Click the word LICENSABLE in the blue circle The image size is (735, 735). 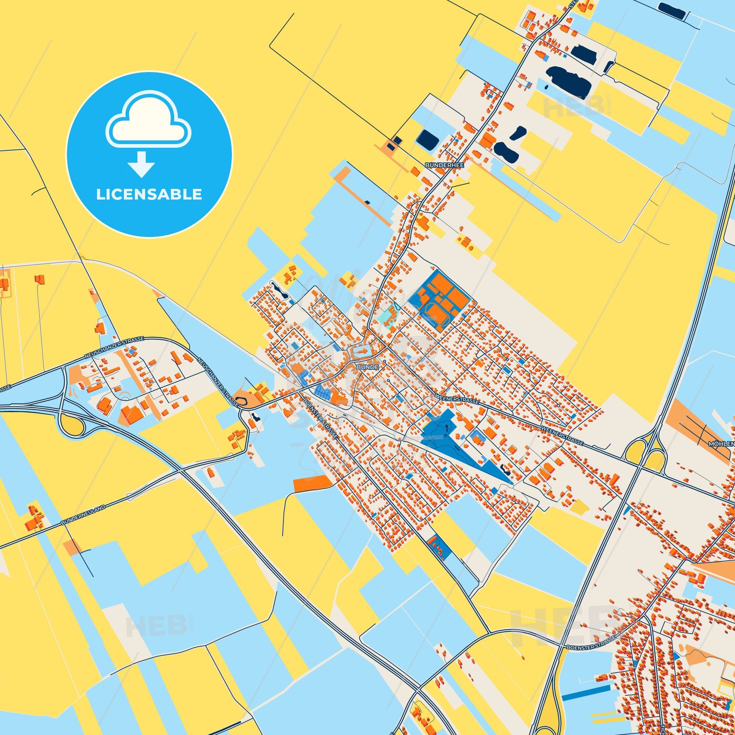(149, 194)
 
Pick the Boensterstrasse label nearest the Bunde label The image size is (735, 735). (320, 416)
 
